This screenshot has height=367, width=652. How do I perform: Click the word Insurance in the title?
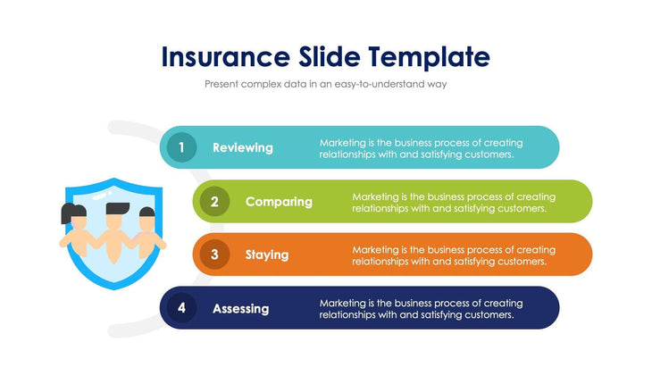pyautogui.click(x=223, y=57)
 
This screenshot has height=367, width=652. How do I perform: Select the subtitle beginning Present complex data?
pyautogui.click(x=325, y=84)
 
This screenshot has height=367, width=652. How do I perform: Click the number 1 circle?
pyautogui.click(x=181, y=147)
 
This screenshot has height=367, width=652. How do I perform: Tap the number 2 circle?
pyautogui.click(x=214, y=201)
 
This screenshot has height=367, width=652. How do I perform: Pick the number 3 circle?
pyautogui.click(x=214, y=254)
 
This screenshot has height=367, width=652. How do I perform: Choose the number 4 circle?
pyautogui.click(x=181, y=308)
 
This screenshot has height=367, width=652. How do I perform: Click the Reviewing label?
pyautogui.click(x=243, y=147)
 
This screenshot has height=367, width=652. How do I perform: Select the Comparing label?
pyautogui.click(x=279, y=201)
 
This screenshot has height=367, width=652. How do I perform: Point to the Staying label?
pyautogui.click(x=267, y=254)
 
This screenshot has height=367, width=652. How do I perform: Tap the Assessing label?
pyautogui.click(x=240, y=308)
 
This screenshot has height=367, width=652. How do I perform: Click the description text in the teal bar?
pyautogui.click(x=421, y=148)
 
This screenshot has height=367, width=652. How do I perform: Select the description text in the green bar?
pyautogui.click(x=454, y=202)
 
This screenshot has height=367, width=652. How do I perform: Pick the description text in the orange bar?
pyautogui.click(x=454, y=255)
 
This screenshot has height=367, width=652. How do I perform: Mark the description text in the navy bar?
pyautogui.click(x=421, y=309)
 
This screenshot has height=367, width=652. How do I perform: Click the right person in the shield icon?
pyautogui.click(x=148, y=230)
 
